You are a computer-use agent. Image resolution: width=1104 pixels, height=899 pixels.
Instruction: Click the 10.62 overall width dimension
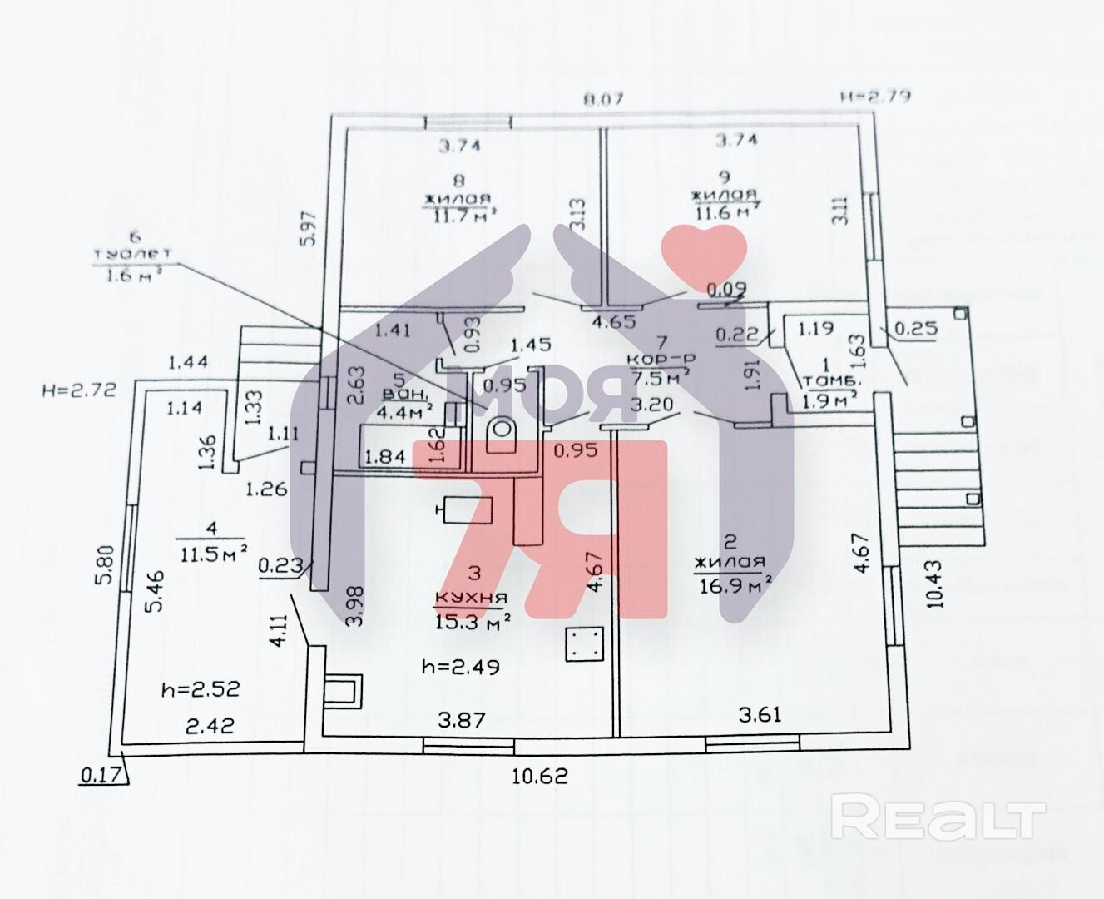coord(540,775)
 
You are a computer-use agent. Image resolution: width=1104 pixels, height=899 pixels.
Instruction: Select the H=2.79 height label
coord(874,96)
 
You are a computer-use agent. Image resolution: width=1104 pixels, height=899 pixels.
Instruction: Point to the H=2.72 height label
coord(77,388)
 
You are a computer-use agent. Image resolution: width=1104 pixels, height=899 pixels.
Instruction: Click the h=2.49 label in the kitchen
coord(460,666)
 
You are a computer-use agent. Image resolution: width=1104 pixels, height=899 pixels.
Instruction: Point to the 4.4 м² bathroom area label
coord(406,409)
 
